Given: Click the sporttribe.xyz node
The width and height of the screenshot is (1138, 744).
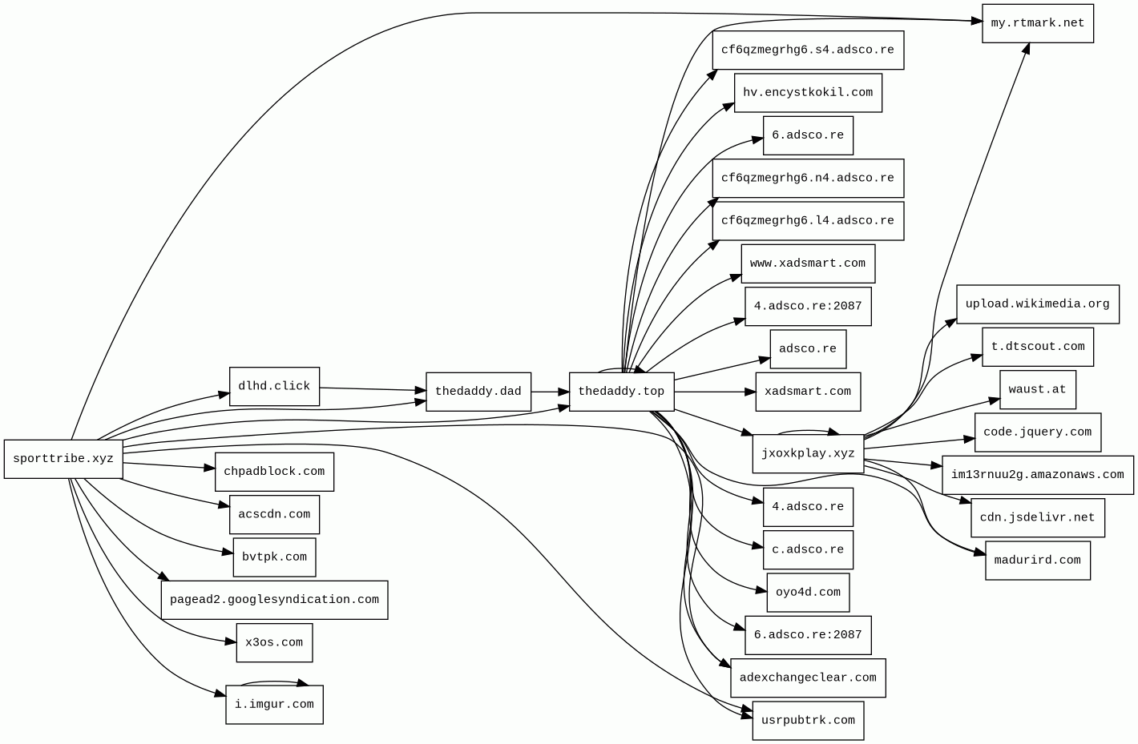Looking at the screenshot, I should pos(63,459).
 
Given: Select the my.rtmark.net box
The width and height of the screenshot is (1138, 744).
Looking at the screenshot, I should pos(1037,23).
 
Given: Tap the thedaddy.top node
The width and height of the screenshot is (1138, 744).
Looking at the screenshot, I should pos(621,392).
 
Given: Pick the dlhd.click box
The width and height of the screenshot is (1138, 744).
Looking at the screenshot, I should pos(274,386).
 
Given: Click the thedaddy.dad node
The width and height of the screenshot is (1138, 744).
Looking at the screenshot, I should pos(478,392).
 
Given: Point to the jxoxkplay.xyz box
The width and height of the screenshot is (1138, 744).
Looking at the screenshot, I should pos(808,453).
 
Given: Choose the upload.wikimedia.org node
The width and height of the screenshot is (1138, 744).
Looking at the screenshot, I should pos(1037,304).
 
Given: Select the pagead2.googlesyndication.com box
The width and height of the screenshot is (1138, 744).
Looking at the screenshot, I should pos(274,600).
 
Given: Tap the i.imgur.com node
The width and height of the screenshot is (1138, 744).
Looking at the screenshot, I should pos(274,705).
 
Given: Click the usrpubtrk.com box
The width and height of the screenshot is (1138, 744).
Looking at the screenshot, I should pos(808,721).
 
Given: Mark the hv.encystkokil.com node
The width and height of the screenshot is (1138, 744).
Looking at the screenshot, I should pos(808,93).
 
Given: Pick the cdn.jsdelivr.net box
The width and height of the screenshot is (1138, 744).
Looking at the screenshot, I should pos(1037,517).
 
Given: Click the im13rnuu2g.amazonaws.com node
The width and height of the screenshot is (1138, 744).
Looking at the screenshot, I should pos(1037,475).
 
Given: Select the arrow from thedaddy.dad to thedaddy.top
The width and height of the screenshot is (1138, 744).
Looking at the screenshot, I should pos(550,392).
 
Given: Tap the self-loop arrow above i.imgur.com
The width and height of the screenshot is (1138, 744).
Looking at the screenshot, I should pos(274,682).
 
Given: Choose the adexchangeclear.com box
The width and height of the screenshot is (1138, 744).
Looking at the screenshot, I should pos(808,678).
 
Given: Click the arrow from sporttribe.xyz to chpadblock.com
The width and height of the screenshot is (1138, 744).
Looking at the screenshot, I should pos(168,465).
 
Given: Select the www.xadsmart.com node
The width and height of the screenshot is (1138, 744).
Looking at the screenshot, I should pos(808,263).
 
